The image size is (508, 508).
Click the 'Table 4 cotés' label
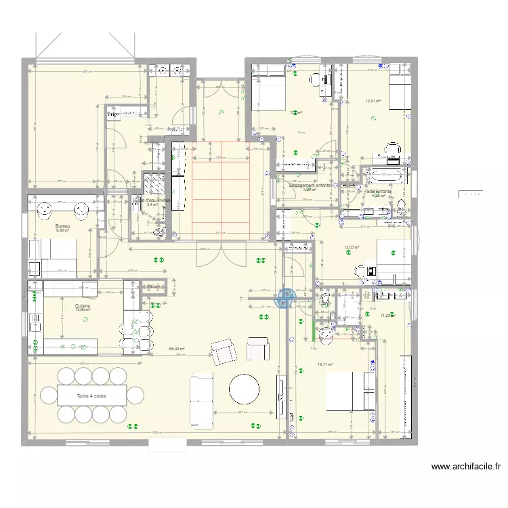pos(91,395)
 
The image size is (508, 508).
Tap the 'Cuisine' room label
pos(83,306)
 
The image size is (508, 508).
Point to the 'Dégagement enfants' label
pos(310,185)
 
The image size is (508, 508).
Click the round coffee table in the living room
pos(244,389)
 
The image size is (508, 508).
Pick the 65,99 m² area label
pos(177,350)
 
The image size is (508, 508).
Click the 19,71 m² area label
pos(326,364)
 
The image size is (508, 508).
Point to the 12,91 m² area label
pos(373,101)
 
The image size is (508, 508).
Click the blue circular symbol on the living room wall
pos(286,296)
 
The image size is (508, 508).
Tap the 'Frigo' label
pos(112,115)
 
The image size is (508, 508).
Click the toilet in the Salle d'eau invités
pos(159,232)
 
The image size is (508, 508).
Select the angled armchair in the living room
pos(222,352)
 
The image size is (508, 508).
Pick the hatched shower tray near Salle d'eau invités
pos(154,184)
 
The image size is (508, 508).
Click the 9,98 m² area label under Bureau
pos(63,230)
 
